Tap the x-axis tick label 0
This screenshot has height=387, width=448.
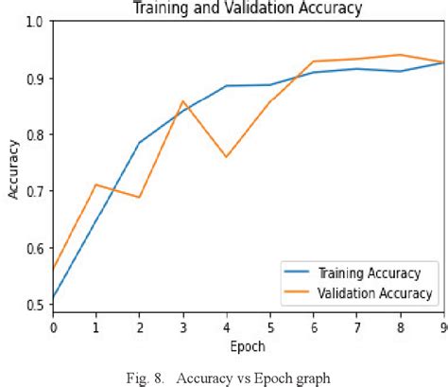[x=53, y=326]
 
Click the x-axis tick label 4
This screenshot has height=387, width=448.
[x=226, y=326]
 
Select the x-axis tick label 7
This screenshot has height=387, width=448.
[x=355, y=326]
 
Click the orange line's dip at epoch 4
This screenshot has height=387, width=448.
[x=226, y=157]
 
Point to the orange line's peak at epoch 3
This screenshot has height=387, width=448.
[x=183, y=101]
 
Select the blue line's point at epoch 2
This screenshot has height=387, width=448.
[x=140, y=143]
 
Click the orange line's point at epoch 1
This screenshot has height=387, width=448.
[x=96, y=185]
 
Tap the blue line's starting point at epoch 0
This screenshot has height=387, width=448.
[x=54, y=298]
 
